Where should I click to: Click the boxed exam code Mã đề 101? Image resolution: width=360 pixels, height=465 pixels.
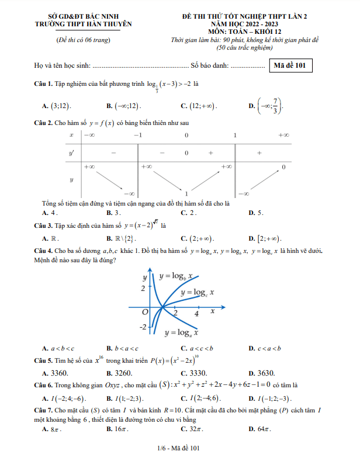pyautogui.click(x=290, y=65)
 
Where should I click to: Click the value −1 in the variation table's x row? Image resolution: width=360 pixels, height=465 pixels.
pyautogui.click(x=137, y=135)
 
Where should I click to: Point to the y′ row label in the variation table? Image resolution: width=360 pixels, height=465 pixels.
pyautogui.click(x=71, y=152)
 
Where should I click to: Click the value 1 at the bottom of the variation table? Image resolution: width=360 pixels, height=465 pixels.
pyautogui.click(x=186, y=193)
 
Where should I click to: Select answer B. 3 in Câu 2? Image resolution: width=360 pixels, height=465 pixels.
pyautogui.click(x=114, y=213)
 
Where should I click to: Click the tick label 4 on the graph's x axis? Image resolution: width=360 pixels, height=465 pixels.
pyautogui.click(x=196, y=314)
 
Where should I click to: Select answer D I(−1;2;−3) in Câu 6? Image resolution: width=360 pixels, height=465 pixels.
pyautogui.click(x=269, y=398)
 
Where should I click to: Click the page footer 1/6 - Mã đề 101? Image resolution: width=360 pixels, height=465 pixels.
pyautogui.click(x=179, y=448)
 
